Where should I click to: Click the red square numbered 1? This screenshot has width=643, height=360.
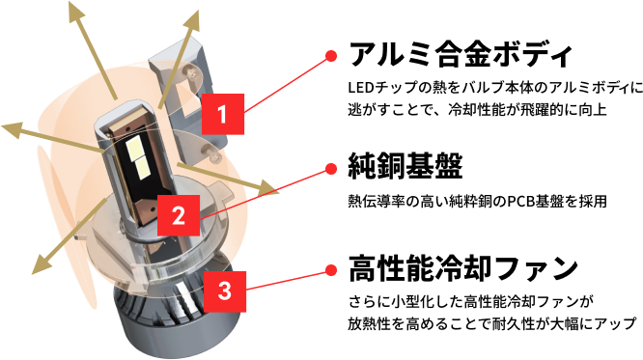point(223,114)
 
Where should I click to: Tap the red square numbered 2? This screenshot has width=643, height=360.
point(179,215)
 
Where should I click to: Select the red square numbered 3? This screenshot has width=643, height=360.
point(225,291)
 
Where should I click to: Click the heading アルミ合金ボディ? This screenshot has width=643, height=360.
point(461,54)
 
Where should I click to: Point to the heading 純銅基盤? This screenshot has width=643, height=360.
point(405,166)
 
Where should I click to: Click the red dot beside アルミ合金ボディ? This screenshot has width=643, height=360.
point(331,56)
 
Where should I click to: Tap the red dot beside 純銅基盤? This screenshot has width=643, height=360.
point(331,169)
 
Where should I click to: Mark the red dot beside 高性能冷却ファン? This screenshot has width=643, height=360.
point(331,270)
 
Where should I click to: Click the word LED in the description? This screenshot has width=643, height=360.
point(358,87)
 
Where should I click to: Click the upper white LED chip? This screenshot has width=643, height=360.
point(134,148)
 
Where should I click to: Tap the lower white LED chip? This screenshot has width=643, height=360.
point(142,167)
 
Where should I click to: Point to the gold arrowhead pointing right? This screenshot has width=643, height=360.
point(266,188)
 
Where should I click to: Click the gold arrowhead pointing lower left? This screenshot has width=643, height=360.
point(42,263)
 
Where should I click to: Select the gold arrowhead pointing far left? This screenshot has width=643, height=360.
point(12,129)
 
